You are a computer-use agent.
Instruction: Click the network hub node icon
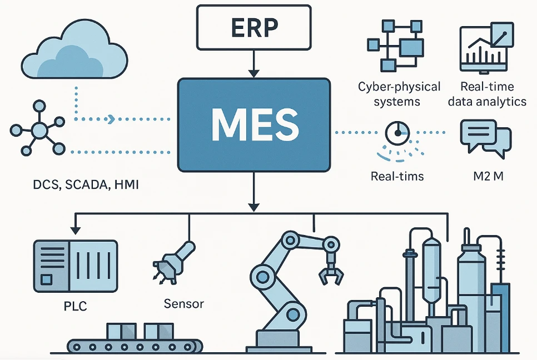coord(39,131)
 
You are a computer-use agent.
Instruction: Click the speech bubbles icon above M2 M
coord(485,136)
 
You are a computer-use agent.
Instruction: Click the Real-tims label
coord(397,176)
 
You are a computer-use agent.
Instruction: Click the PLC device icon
coord(76,266)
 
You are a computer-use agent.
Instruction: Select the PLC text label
coord(76,306)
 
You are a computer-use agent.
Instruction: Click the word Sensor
coord(184,303)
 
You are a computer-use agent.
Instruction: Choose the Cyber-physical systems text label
coord(399,94)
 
